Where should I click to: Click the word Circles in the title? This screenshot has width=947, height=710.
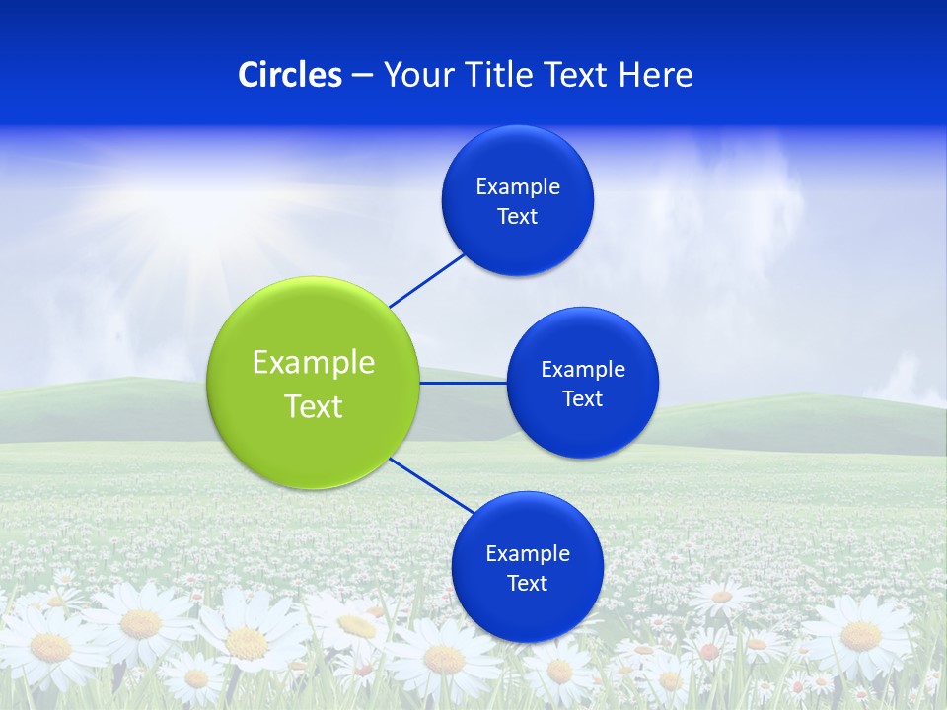pos(290,75)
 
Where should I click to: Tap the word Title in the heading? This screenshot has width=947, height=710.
pos(501,75)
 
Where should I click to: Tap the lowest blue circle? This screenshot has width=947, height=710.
pos(528,611)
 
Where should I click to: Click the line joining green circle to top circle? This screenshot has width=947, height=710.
pos(427,280)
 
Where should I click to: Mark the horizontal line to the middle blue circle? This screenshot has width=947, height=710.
pos(464,383)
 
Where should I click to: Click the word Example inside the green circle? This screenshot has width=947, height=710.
pos(314,362)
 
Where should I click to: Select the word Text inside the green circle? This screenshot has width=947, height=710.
pos(314,406)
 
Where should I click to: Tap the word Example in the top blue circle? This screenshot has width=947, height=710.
pos(518,186)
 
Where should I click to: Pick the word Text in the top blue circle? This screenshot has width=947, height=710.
pos(518,217)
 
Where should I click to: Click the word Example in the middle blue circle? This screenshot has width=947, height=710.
pos(583,369)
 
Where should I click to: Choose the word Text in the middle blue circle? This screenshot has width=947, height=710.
pos(583,398)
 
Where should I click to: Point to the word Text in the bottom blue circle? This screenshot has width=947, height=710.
pos(528,583)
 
